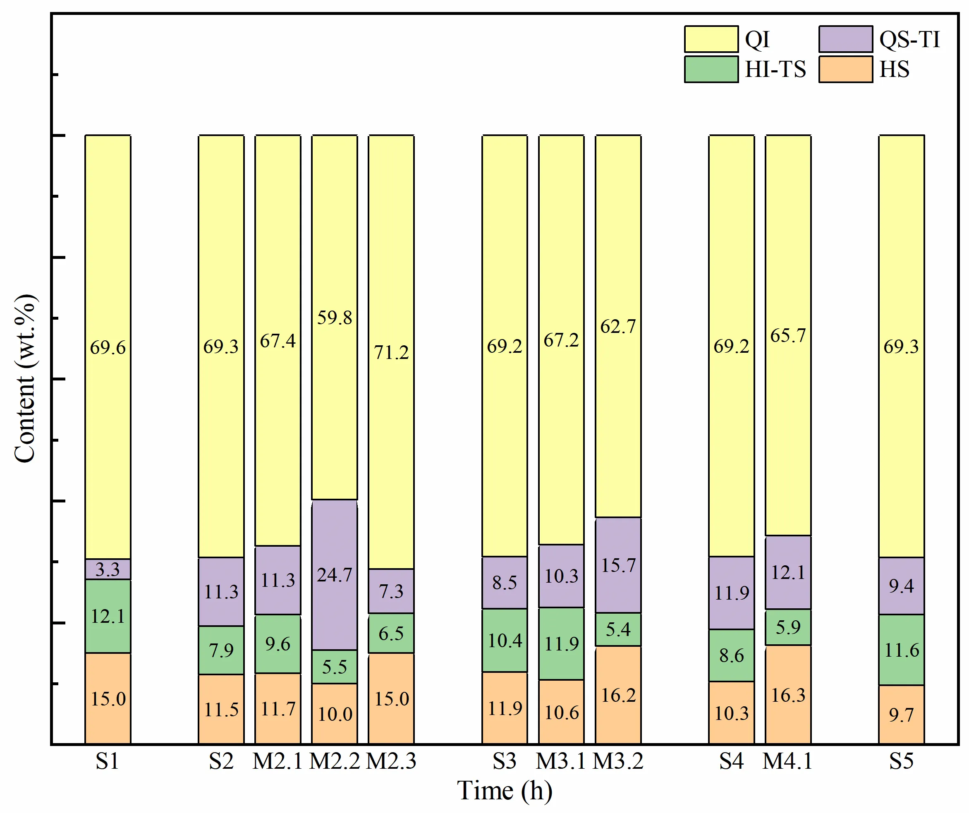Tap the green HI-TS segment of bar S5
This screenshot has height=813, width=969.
point(901,650)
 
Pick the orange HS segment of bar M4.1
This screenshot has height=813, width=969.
point(788,694)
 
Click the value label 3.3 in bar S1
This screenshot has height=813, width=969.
point(108,569)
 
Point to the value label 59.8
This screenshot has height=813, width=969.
point(334,318)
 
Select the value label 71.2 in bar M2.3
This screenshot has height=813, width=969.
point(391,352)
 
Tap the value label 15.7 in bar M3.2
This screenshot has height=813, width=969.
point(618,566)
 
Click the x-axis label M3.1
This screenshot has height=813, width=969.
point(561,761)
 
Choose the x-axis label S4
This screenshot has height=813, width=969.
point(731,761)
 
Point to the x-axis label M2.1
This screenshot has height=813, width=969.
point(278,761)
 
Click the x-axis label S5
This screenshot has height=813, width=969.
point(901,761)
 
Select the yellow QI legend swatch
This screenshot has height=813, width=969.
point(711,39)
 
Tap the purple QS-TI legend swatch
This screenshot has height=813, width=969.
point(845,39)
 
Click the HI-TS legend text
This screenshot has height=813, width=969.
point(775,69)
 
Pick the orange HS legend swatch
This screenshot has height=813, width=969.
point(845,69)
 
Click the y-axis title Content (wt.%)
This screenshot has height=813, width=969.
point(25,378)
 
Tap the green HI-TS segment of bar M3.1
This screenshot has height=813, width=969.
point(561,644)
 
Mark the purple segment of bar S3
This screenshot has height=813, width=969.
point(504,582)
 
